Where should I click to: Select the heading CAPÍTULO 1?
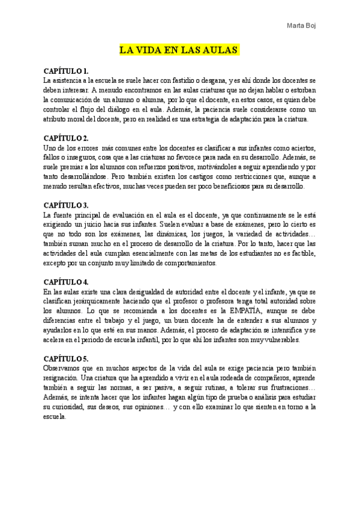(67, 71)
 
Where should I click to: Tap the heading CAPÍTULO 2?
(67, 138)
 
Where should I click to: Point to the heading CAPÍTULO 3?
(67, 205)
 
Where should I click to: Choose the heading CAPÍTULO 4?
(67, 282)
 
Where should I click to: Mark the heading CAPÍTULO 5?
(67, 358)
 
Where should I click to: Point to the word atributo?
(58, 119)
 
